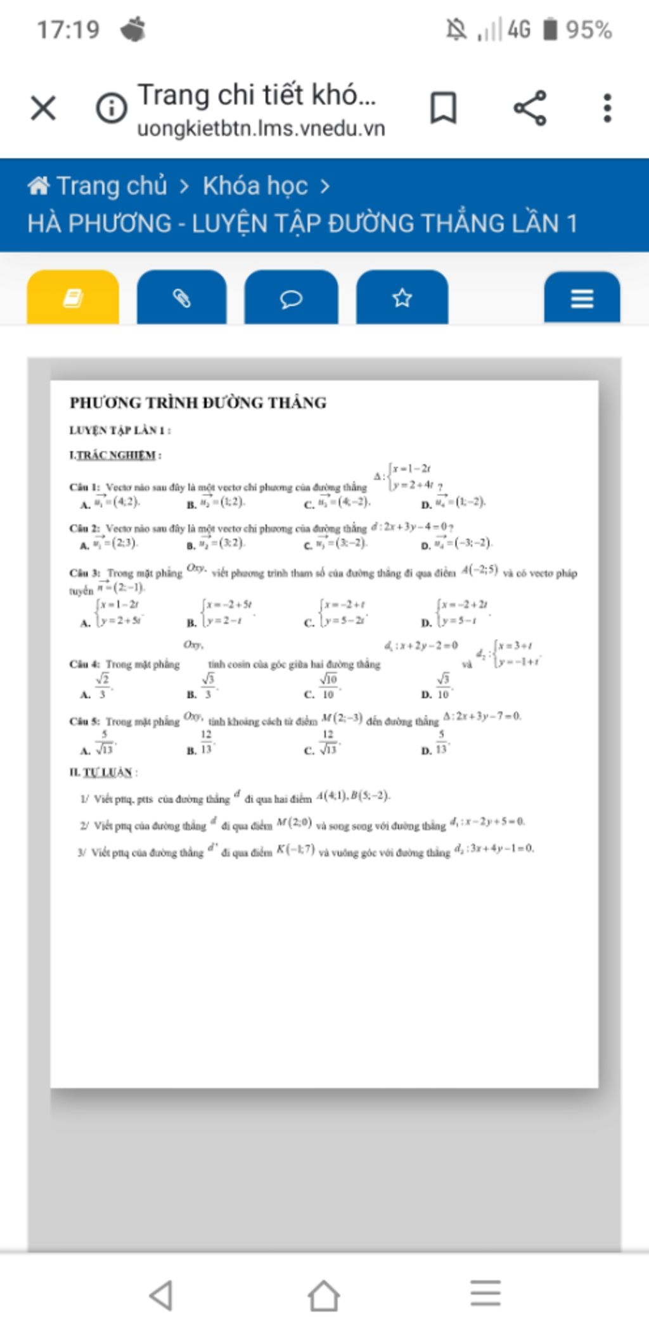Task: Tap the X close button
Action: [x=43, y=108]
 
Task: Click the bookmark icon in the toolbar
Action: [x=443, y=108]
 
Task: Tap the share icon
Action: [x=530, y=108]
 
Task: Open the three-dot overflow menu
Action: [x=607, y=108]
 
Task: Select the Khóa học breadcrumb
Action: [x=255, y=186]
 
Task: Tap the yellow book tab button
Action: [x=73, y=298]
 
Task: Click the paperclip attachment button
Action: [x=182, y=298]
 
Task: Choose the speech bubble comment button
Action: [x=292, y=298]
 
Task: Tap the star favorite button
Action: [x=402, y=298]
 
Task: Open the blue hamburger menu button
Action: [x=582, y=298]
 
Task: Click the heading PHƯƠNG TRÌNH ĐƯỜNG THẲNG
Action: [x=198, y=403]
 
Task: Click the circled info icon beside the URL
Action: [x=112, y=108]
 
